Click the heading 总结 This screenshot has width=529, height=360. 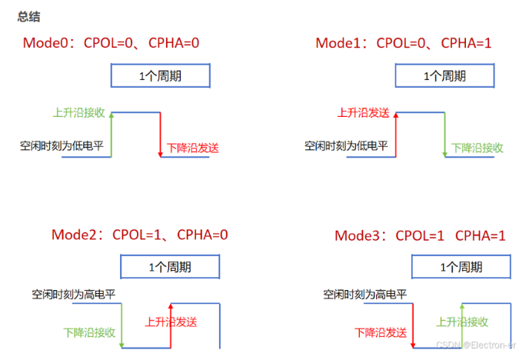[x=28, y=16]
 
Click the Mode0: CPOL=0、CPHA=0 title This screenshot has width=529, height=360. [x=111, y=43]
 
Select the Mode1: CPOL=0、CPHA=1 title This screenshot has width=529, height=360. [x=404, y=43]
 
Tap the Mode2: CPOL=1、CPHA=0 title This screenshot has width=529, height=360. [x=140, y=235]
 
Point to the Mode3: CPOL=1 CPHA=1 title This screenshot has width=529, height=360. [x=420, y=235]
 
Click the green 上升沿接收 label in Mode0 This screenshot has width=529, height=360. [x=79, y=112]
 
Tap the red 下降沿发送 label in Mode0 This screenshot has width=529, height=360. [x=193, y=148]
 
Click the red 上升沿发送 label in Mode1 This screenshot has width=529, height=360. [x=364, y=112]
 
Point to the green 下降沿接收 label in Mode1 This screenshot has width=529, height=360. [x=477, y=148]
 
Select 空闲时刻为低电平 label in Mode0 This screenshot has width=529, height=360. [x=62, y=145]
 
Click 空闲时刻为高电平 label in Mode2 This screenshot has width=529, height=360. [x=74, y=295]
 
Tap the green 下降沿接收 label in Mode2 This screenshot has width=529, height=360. [x=89, y=332]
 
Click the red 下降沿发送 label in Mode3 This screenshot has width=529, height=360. [x=381, y=332]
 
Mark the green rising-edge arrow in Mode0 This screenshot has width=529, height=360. [x=111, y=135]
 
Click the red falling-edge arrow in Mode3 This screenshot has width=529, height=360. [x=413, y=326]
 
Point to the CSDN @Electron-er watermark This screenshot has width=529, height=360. [x=476, y=345]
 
